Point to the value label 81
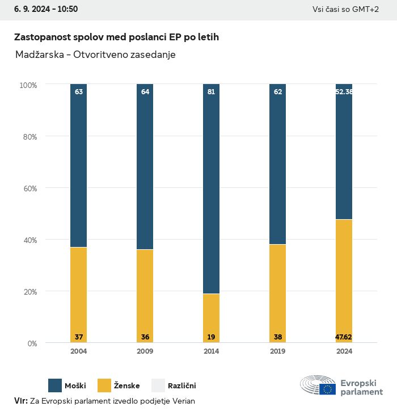tap(211, 91)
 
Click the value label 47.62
tap(344, 337)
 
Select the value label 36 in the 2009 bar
tap(145, 337)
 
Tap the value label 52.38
tap(344, 91)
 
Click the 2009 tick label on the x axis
tap(145, 351)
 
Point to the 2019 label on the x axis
tap(277, 351)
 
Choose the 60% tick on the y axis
tap(28, 188)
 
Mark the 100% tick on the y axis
tap(28, 85)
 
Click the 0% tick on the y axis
tap(32, 343)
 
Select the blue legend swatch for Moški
tap(55, 386)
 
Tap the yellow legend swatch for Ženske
tap(105, 386)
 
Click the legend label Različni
tap(181, 386)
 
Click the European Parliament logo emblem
tap(318, 385)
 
